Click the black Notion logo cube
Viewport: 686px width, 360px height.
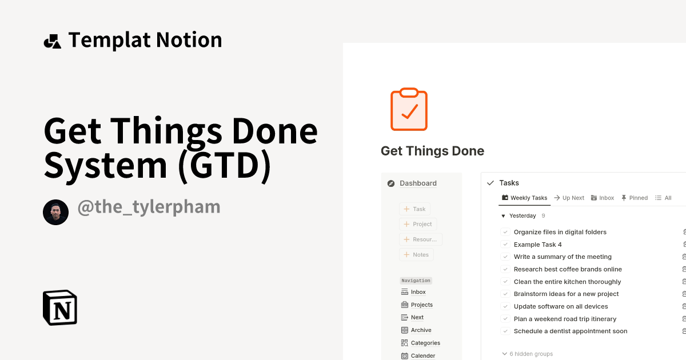click(60, 307)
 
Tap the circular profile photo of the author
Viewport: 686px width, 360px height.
click(55, 213)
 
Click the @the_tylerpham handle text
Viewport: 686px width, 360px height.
click(149, 207)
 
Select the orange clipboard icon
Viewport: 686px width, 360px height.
click(409, 109)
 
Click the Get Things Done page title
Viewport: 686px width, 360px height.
click(432, 151)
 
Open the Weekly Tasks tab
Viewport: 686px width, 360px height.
click(524, 198)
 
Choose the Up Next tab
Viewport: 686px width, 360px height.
click(569, 198)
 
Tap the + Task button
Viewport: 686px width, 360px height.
click(415, 209)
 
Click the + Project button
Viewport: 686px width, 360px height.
click(418, 224)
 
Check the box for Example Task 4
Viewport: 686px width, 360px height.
click(505, 245)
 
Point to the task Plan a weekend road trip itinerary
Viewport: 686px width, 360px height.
click(565, 319)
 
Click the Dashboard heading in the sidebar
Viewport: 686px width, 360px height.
click(418, 183)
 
